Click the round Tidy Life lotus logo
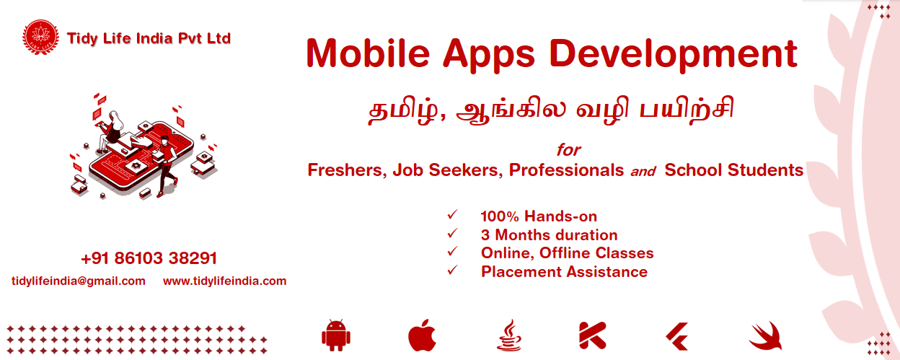[40, 37]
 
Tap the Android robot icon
[336, 335]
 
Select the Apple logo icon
[423, 335]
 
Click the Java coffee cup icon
[509, 335]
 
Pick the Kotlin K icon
[592, 335]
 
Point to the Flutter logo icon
[678, 336]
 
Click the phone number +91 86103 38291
[149, 258]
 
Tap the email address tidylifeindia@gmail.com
[79, 281]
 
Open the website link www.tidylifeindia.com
[224, 281]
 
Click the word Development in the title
[673, 55]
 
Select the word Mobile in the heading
[368, 53]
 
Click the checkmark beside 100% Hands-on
[452, 214]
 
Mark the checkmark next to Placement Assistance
[452, 270]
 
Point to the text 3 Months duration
[550, 234]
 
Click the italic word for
[568, 150]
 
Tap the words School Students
[733, 170]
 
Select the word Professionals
[566, 170]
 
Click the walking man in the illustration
[167, 165]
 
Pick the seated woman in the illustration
[111, 131]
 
